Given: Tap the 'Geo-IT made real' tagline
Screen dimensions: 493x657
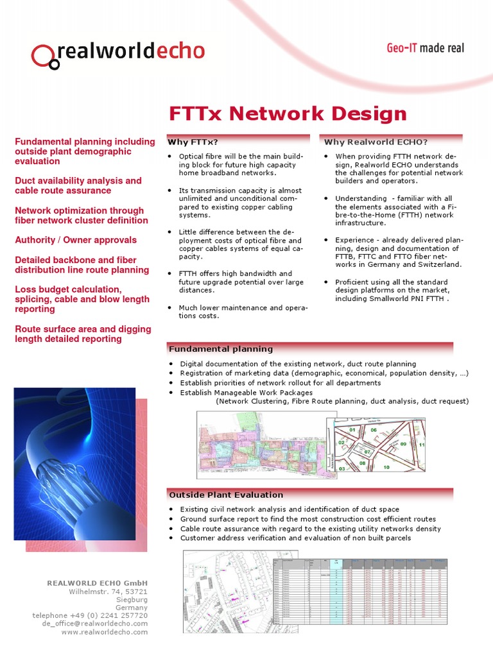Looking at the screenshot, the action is [x=424, y=48].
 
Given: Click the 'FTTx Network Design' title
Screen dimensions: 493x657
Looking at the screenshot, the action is [x=288, y=114].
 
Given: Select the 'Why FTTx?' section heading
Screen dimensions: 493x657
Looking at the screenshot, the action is [x=193, y=142].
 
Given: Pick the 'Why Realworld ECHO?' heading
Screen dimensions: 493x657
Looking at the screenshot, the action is [x=376, y=142].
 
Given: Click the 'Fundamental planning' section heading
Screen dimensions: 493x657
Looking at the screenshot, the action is [x=220, y=349].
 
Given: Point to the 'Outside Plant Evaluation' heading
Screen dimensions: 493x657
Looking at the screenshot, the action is [x=225, y=495].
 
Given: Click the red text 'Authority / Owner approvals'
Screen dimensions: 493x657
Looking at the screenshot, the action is [x=76, y=240].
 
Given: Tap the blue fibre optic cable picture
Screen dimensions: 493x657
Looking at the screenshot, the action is [x=74, y=463].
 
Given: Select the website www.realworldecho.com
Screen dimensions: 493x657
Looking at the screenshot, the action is [x=105, y=632].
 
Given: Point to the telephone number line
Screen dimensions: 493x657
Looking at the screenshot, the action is [x=90, y=615].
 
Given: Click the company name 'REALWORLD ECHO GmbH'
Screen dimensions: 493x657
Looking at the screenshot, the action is [x=97, y=583].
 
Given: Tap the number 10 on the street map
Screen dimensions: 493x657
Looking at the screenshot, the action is [x=386, y=467].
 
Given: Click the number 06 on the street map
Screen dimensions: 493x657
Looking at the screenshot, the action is [x=373, y=430].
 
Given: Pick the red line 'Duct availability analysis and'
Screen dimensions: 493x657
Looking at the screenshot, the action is [x=78, y=181].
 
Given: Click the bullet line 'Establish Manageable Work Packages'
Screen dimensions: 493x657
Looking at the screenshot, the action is [x=246, y=392].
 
